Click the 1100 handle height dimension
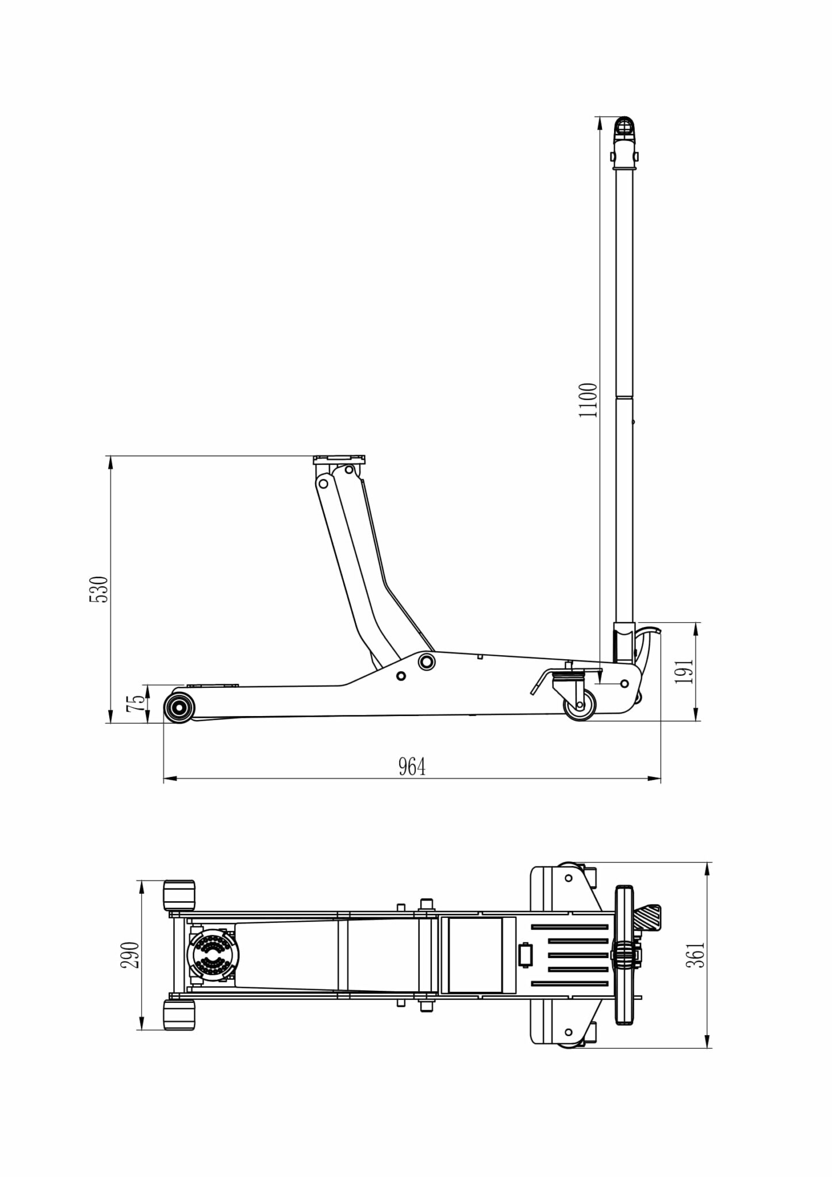(x=589, y=400)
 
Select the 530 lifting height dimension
(x=99, y=589)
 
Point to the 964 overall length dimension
(x=412, y=767)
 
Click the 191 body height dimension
(x=684, y=671)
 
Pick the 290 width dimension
(x=130, y=955)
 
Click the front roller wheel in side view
(x=179, y=707)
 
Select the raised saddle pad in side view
(x=340, y=460)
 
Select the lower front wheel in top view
(x=179, y=1015)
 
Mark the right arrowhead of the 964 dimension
(x=654, y=779)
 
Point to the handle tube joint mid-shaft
(x=625, y=395)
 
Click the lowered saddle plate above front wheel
(x=212, y=685)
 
